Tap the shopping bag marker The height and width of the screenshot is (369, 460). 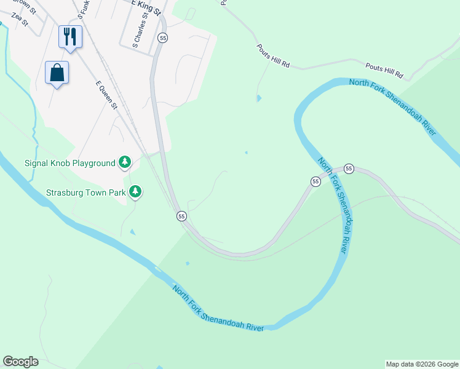click(x=57, y=73)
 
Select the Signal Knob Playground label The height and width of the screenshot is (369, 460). click(x=69, y=164)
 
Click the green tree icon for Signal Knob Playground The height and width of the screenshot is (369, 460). click(x=125, y=162)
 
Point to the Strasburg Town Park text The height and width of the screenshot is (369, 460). click(x=85, y=192)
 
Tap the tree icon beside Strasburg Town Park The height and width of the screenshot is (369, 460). click(x=135, y=192)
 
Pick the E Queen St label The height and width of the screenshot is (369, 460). click(x=106, y=95)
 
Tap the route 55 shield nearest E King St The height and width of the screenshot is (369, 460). click(x=162, y=38)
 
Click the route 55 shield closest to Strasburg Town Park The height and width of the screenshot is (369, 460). click(x=181, y=216)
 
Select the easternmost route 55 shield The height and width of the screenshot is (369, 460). click(x=349, y=169)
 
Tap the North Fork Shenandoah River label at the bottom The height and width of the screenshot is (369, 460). click(x=218, y=309)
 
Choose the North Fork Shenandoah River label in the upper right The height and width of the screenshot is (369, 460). click(x=393, y=107)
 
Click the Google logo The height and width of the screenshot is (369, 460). click(x=20, y=361)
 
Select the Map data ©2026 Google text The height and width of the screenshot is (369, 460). click(x=422, y=364)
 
